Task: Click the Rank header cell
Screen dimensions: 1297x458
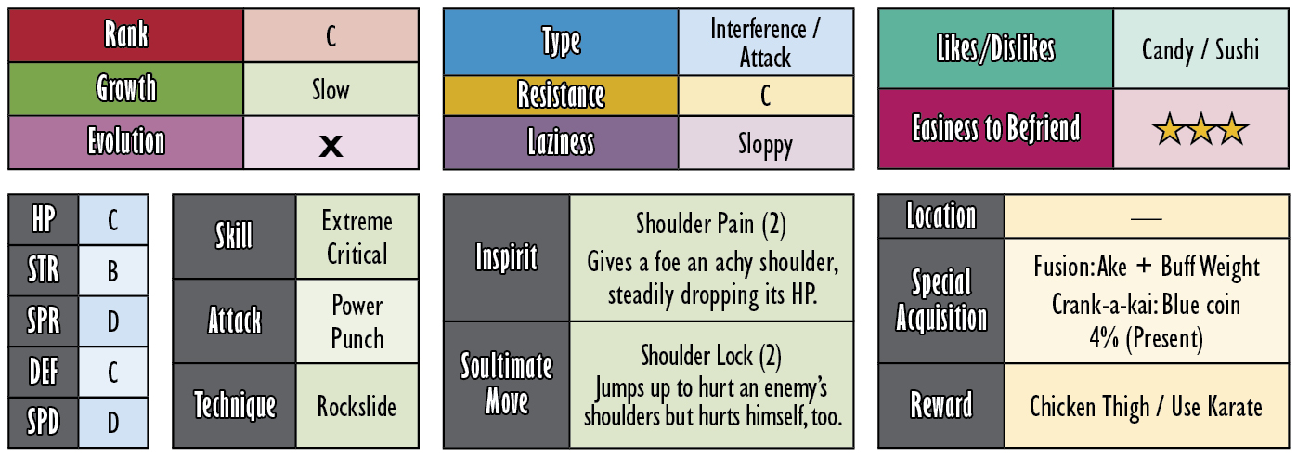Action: (125, 35)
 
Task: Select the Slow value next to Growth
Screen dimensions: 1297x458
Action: (331, 90)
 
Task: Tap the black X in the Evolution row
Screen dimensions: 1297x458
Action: (331, 146)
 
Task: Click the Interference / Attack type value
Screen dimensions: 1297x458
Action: (765, 43)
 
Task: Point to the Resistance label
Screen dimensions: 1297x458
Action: (561, 95)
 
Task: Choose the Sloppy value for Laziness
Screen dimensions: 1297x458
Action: (765, 144)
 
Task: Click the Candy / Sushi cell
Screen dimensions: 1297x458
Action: (1200, 49)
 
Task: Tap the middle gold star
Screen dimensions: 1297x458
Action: (1200, 129)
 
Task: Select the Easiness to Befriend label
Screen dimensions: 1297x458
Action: (996, 128)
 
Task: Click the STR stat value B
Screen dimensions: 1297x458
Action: (113, 270)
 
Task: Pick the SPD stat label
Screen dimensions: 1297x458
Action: (44, 422)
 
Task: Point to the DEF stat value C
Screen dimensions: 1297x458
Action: (113, 373)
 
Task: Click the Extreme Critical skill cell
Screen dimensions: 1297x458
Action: (357, 237)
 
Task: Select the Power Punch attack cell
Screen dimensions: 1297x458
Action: (357, 321)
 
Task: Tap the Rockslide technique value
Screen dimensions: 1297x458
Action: (357, 406)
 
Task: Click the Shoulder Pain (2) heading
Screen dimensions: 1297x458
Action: (711, 224)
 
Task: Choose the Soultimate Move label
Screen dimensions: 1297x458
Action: (507, 384)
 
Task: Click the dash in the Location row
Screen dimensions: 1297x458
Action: (1147, 218)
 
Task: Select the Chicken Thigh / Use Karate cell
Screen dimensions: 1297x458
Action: (1147, 406)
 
